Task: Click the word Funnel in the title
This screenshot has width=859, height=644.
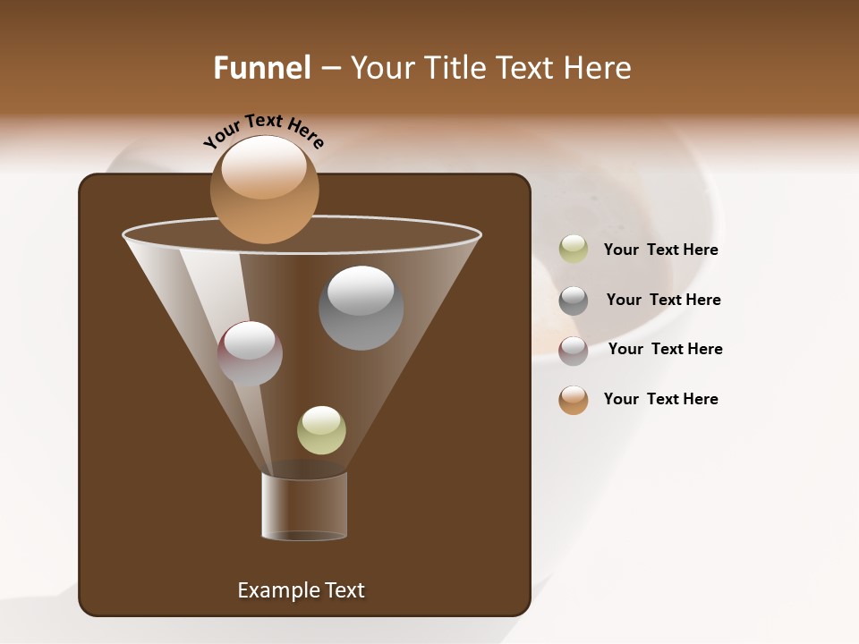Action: point(261,67)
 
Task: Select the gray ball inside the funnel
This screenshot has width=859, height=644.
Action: point(361,309)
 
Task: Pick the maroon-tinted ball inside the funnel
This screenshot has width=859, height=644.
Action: point(250,353)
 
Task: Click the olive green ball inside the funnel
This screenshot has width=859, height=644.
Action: point(321,430)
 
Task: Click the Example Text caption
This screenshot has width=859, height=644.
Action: point(301,590)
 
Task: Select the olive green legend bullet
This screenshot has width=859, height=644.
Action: point(574,250)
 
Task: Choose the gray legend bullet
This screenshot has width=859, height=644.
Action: point(574,301)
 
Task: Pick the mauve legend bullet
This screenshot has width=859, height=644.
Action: point(574,351)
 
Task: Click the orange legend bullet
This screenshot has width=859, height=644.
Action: point(574,400)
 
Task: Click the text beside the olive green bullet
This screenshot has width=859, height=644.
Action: point(660,250)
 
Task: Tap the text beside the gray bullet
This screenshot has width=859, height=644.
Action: point(663,300)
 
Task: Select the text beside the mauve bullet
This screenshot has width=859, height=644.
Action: point(665,349)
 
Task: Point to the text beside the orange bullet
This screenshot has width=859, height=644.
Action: point(660,399)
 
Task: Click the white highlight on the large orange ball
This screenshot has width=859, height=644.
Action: point(263,168)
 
